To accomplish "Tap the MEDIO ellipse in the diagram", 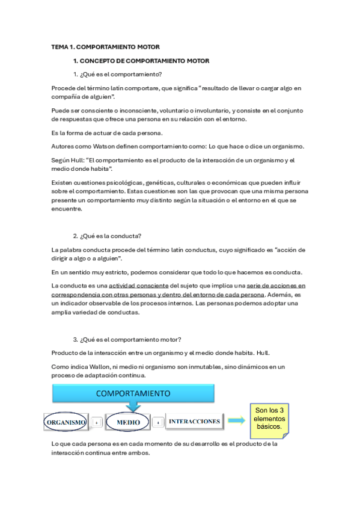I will tap(128, 422).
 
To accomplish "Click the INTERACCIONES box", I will tap(193, 422).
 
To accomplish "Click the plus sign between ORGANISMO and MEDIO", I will tap(97, 423).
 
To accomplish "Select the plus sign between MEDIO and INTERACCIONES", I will tap(157, 423).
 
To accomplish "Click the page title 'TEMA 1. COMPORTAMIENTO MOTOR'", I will tap(105, 46).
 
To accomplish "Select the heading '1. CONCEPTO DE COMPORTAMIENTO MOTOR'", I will tap(141, 61).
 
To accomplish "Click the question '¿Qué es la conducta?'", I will tap(111, 235).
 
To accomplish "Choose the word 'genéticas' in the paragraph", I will tap(156, 181).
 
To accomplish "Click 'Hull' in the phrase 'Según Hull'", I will tap(75, 161).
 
